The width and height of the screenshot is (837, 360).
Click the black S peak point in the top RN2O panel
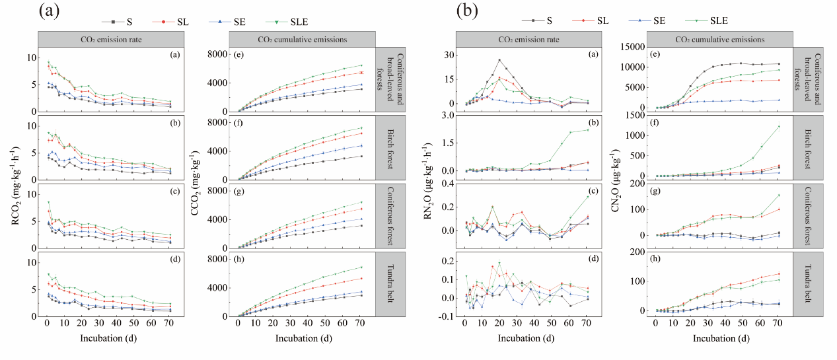click(499, 60)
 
